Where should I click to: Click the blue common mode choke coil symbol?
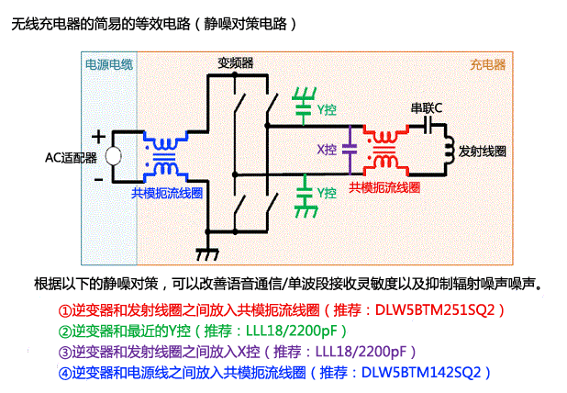[165, 157]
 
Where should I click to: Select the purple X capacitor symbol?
[350, 150]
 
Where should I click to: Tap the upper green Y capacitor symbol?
[303, 106]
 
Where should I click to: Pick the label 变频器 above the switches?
[235, 62]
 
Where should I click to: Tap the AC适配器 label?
[71, 157]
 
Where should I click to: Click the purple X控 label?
[326, 150]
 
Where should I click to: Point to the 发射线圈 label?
[483, 150]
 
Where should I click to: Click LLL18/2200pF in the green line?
[291, 331]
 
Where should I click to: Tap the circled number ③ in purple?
[64, 353]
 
